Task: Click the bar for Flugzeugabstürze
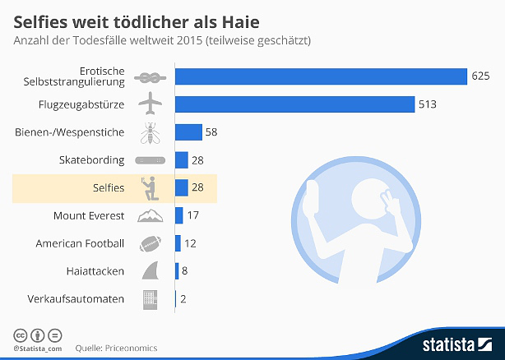(x=294, y=104)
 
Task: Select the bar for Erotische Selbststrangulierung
(x=321, y=76)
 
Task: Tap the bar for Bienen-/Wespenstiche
(x=188, y=132)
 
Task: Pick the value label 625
(x=480, y=76)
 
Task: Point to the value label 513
(x=427, y=104)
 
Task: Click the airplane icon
(x=150, y=104)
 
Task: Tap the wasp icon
(x=151, y=132)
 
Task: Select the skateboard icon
(x=150, y=159)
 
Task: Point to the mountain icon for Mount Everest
(x=150, y=215)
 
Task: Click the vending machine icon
(x=151, y=298)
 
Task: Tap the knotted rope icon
(x=150, y=76)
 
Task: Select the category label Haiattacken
(x=95, y=271)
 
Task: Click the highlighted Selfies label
(x=109, y=188)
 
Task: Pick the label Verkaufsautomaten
(x=76, y=299)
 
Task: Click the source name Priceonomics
(x=130, y=348)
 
